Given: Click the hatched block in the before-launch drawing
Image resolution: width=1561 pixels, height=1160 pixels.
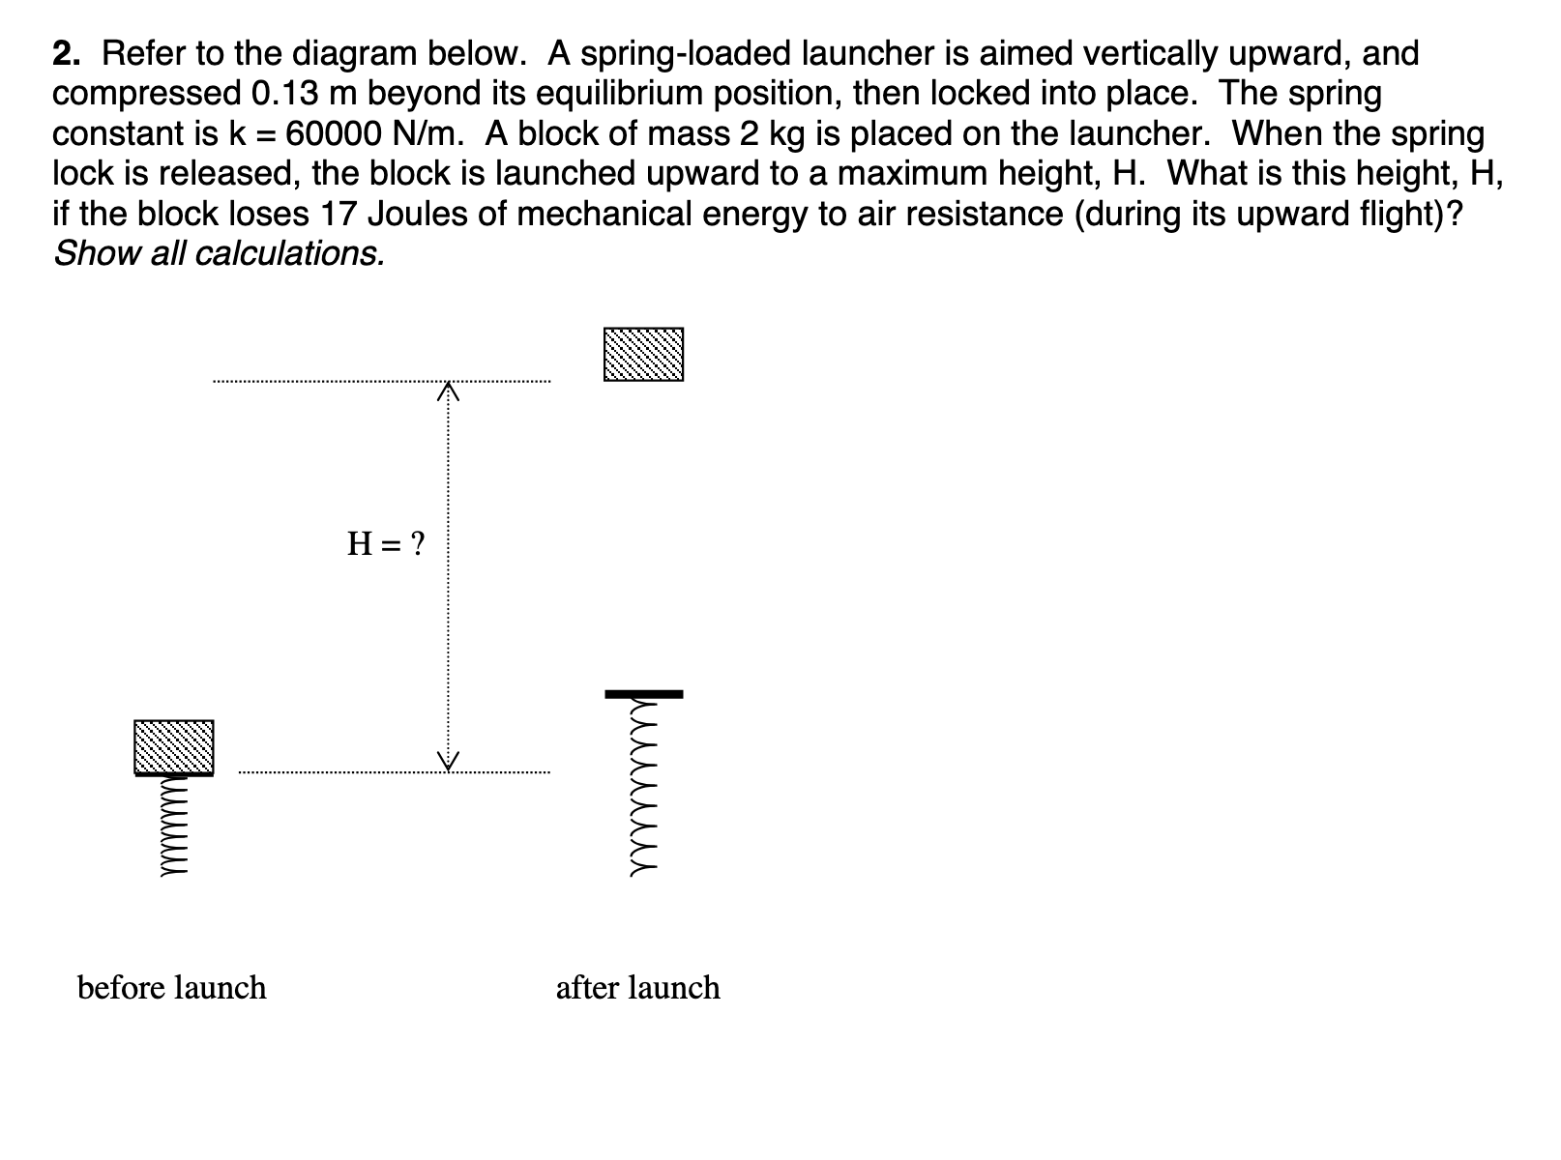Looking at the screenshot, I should pos(173,746).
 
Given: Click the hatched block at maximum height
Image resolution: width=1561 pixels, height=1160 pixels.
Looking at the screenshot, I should pos(643,354).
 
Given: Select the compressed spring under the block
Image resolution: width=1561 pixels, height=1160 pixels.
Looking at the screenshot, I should pos(173,826).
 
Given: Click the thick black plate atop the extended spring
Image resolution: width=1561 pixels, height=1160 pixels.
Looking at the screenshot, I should pos(644,694).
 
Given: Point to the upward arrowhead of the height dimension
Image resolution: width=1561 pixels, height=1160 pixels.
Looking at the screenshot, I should pos(447,391).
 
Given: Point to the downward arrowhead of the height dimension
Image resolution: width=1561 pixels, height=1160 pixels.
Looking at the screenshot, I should pos(447,762).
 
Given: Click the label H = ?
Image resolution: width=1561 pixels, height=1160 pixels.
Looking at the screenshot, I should pos(386,544).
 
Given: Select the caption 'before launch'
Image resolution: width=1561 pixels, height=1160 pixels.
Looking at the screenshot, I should pos(171,988).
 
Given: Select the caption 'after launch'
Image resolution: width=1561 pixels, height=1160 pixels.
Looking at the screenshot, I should pos(637,988).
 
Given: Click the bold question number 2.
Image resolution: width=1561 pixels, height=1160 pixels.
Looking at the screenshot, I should pos(66,54).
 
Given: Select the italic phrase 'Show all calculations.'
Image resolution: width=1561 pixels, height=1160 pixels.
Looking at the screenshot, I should pos(220,253).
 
